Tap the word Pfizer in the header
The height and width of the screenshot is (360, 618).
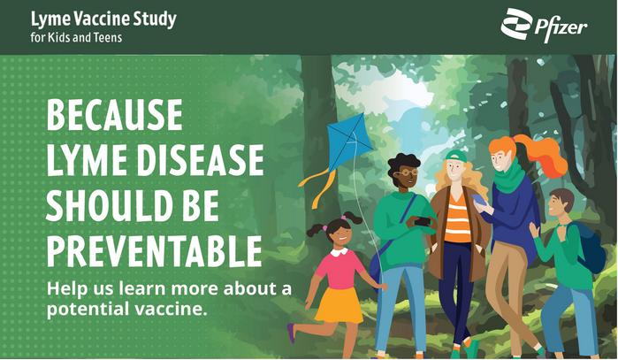pyautogui.click(x=561, y=29)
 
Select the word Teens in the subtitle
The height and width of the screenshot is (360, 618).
pyautogui.click(x=108, y=37)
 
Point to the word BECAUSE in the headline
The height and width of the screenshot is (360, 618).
pyautogui.click(x=115, y=115)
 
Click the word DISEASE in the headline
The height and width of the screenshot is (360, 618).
pyautogui.click(x=200, y=160)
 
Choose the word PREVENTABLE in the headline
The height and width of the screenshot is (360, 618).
pyautogui.click(x=154, y=251)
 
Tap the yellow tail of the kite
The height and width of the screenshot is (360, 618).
pyautogui.click(x=317, y=187)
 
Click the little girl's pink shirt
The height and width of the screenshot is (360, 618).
pyautogui.click(x=340, y=268)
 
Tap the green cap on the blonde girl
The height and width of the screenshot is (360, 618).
pyautogui.click(x=456, y=156)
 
